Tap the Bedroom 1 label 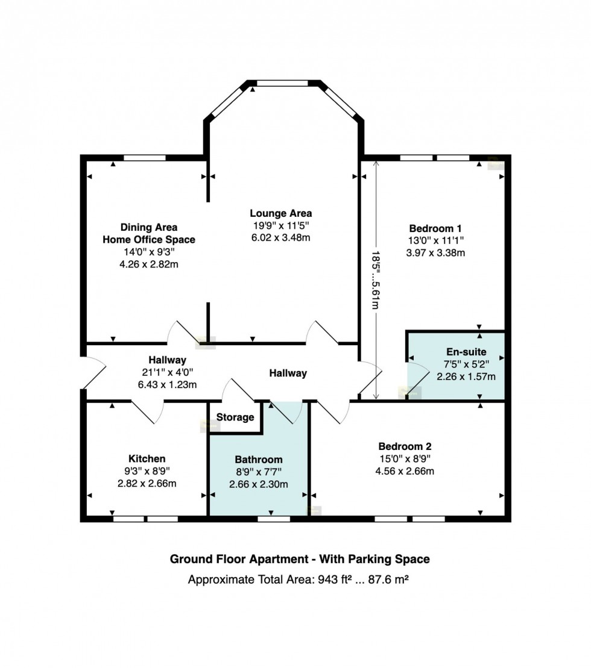pyautogui.click(x=435, y=229)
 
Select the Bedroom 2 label pyautogui.click(x=405, y=447)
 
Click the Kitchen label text pyautogui.click(x=147, y=459)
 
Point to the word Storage pyautogui.click(x=235, y=417)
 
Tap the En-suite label pyautogui.click(x=466, y=352)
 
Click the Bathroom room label pyautogui.click(x=258, y=460)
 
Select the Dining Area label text pyautogui.click(x=149, y=227)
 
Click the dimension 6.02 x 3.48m pyautogui.click(x=281, y=238)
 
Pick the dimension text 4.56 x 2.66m pyautogui.click(x=405, y=471)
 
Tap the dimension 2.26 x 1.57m pyautogui.click(x=466, y=377)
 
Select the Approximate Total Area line pyautogui.click(x=300, y=580)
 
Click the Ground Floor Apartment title pyautogui.click(x=300, y=559)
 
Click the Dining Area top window pyautogui.click(x=144, y=158)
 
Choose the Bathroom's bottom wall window pyautogui.click(x=274, y=517)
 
